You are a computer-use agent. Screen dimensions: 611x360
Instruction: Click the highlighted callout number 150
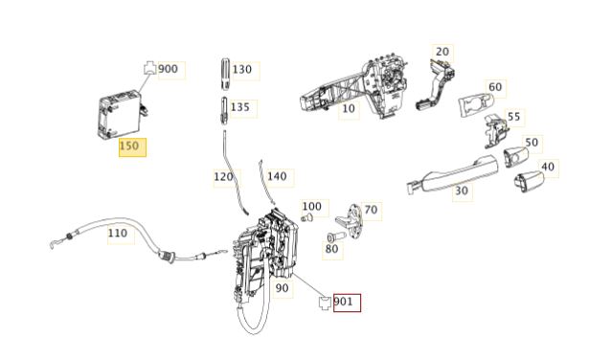[x=129, y=146]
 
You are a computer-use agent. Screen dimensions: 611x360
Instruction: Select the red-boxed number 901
[x=343, y=302]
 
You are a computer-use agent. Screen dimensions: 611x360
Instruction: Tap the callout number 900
[x=168, y=69]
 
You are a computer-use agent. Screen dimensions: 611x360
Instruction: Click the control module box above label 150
[x=122, y=114]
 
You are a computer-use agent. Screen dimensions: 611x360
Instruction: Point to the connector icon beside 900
[x=150, y=68]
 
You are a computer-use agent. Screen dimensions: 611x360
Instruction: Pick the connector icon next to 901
[x=325, y=303]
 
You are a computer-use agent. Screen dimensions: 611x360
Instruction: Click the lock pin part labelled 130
[x=225, y=74]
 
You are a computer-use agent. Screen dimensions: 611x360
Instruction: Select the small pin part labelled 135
[x=224, y=110]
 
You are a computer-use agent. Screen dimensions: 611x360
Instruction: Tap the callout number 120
[x=223, y=177]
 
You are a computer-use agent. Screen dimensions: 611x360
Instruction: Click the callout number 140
[x=277, y=176]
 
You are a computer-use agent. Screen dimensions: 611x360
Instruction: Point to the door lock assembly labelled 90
[x=266, y=254]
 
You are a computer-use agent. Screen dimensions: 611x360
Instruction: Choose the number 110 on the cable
[x=117, y=233]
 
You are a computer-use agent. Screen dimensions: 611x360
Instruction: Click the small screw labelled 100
[x=307, y=218]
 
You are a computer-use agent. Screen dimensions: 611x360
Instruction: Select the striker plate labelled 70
[x=351, y=221]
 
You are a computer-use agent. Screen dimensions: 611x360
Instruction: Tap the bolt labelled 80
[x=336, y=236]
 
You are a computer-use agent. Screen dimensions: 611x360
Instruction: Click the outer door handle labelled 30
[x=453, y=174]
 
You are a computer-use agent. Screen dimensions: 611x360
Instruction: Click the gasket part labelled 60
[x=476, y=104]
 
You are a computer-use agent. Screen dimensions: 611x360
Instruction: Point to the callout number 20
[x=442, y=52]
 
